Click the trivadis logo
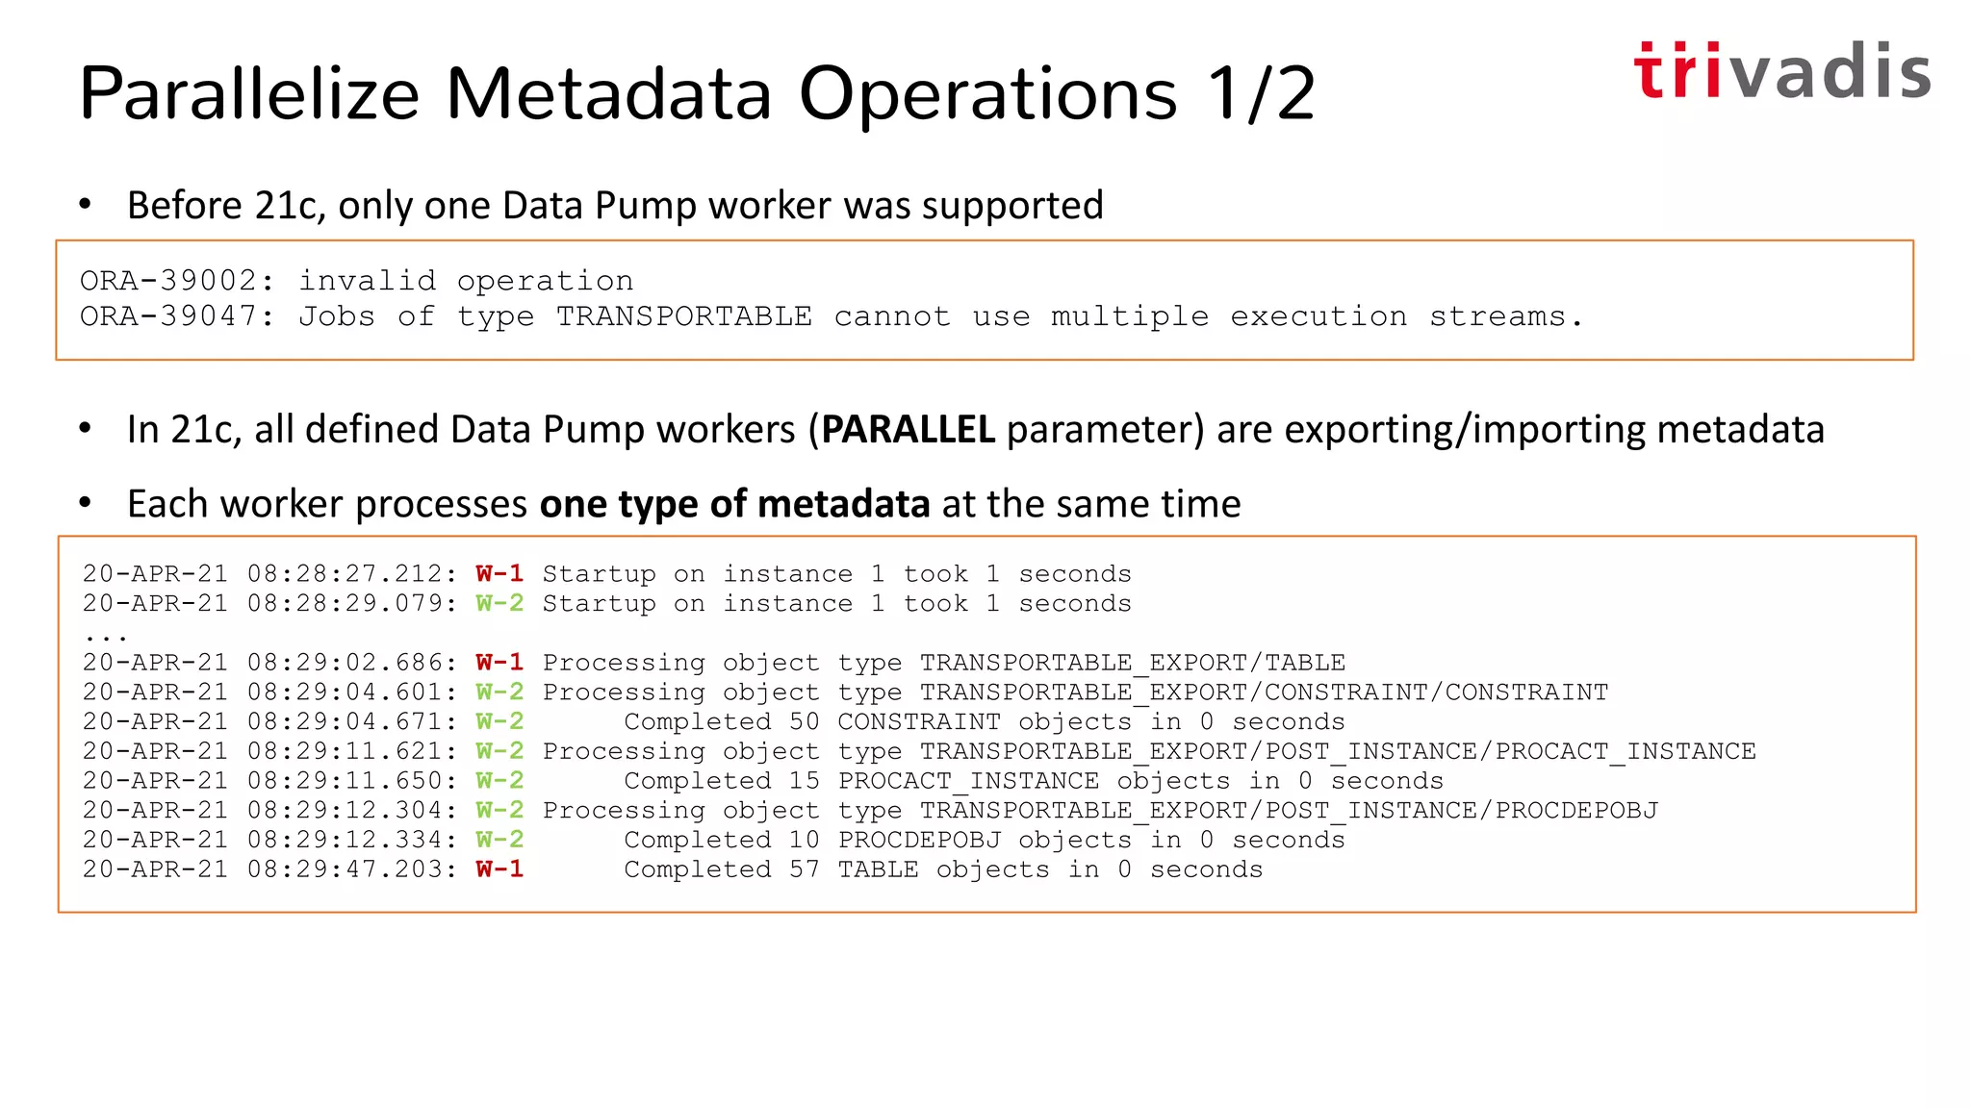(x=1780, y=71)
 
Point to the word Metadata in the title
(x=609, y=94)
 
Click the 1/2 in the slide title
(x=1262, y=94)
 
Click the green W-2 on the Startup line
(x=499, y=604)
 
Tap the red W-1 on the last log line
(x=499, y=869)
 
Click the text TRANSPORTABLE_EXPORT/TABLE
(x=1132, y=663)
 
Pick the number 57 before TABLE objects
(x=804, y=869)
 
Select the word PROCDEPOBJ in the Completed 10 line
(x=919, y=840)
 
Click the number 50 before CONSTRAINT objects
(x=804, y=722)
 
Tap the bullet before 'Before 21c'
(x=86, y=204)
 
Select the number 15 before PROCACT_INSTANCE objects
(x=804, y=781)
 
